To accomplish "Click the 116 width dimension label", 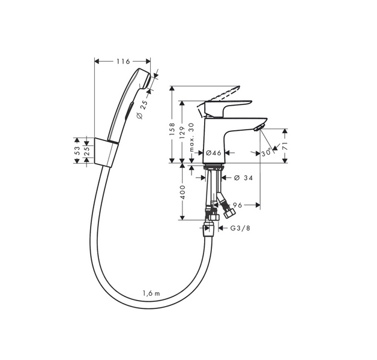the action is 123,62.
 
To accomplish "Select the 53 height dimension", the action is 77,151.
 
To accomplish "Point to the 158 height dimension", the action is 172,129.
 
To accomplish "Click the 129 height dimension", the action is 182,133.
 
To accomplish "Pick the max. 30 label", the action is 192,137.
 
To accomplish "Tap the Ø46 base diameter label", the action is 214,152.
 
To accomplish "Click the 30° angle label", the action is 266,153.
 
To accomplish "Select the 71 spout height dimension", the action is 285,146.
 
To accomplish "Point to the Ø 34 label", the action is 243,178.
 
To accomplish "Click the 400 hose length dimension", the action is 182,192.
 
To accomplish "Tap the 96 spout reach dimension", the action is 237,205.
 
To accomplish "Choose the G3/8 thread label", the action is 240,228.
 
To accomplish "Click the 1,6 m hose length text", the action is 151,293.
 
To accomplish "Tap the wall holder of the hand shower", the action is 106,152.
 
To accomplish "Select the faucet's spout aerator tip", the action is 259,127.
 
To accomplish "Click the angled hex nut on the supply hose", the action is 229,212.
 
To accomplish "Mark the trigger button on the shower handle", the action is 130,110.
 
